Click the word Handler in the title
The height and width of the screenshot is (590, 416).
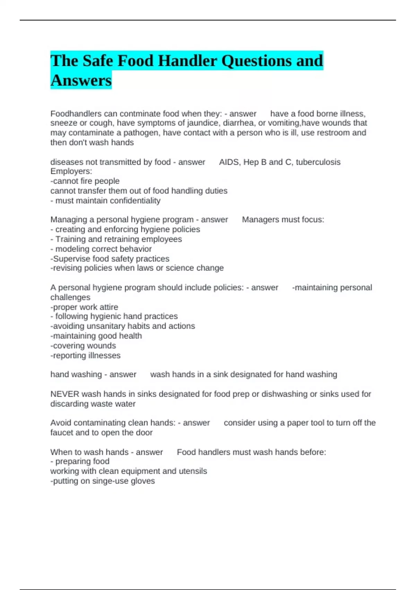(x=188, y=61)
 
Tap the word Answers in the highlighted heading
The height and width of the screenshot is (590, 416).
(x=81, y=80)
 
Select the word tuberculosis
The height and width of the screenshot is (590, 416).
(x=318, y=162)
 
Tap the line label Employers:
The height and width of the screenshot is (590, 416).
(x=71, y=171)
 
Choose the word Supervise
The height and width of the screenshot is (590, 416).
(x=71, y=259)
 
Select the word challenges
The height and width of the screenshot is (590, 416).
(x=70, y=297)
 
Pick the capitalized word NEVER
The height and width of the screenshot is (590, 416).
(x=65, y=394)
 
